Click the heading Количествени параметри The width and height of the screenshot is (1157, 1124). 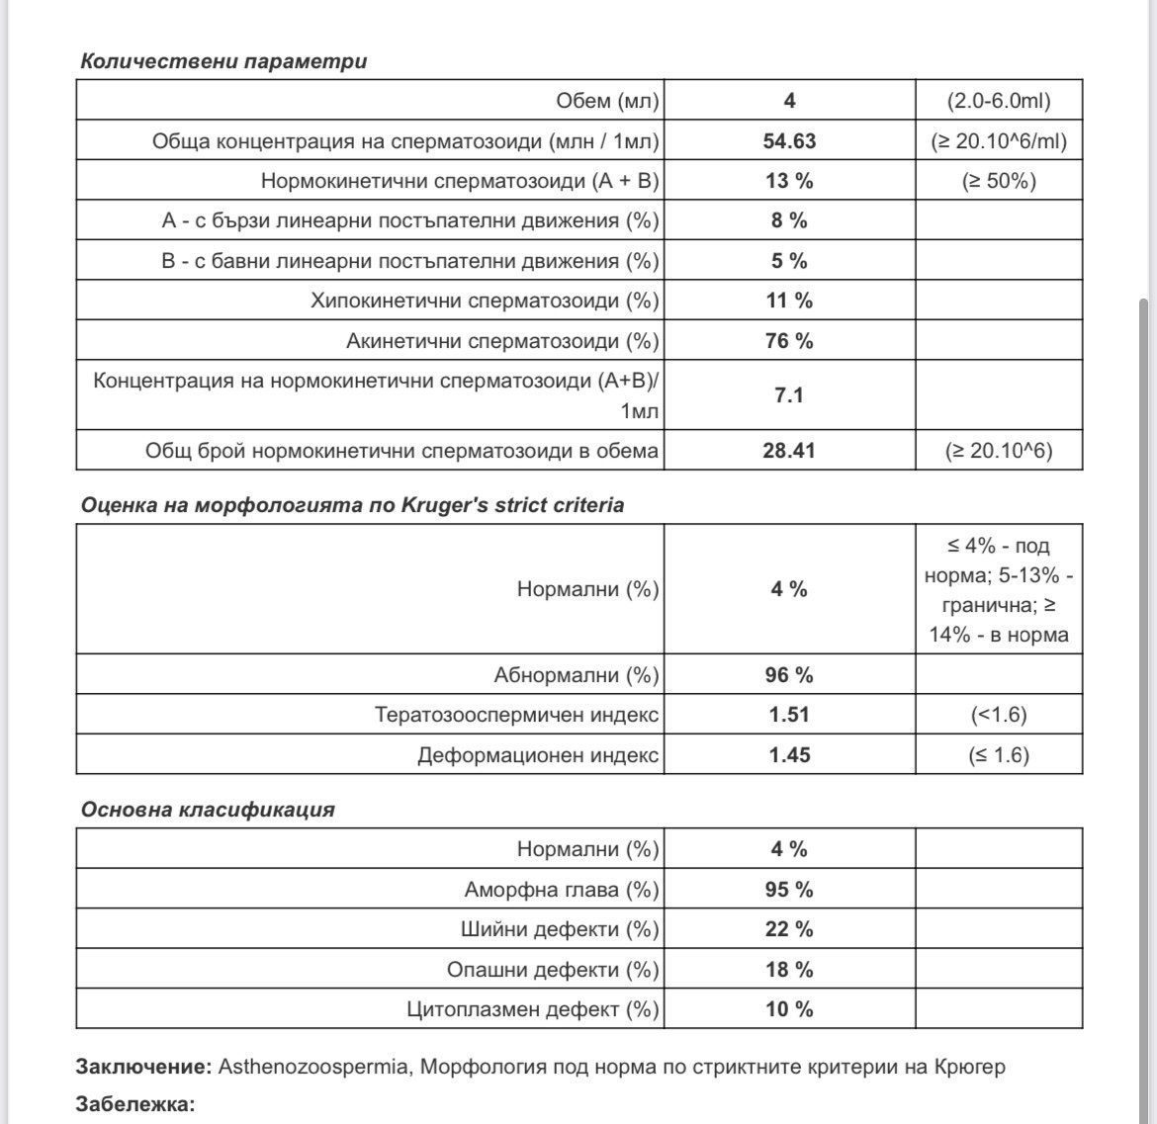click(222, 60)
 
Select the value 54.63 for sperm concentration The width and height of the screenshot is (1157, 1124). click(789, 140)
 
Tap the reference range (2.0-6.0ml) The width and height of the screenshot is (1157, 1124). click(999, 101)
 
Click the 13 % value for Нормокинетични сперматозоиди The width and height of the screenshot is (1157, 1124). click(789, 181)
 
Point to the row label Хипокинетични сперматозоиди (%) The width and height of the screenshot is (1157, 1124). click(485, 301)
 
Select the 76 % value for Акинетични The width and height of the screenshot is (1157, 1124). click(789, 341)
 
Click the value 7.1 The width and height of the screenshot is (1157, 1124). click(789, 395)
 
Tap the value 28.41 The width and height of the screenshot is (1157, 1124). click(789, 451)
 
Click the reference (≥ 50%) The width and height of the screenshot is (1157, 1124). click(999, 181)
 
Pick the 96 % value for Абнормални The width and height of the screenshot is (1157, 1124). click(789, 675)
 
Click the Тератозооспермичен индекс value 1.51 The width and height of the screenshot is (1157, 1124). click(789, 715)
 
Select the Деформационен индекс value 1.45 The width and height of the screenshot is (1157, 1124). click(789, 755)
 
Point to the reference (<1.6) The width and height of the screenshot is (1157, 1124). click(999, 715)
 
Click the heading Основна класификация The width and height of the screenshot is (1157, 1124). click(208, 810)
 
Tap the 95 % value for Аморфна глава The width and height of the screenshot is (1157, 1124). click(789, 890)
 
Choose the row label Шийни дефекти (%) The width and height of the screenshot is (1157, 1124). click(560, 929)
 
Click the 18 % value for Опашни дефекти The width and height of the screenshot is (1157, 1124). click(789, 970)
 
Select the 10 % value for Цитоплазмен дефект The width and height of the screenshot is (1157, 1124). click(789, 1009)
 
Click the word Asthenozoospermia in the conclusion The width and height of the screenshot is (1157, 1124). click(312, 1068)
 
